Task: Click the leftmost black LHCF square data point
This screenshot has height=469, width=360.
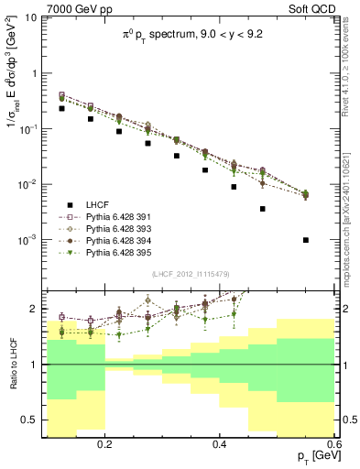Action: click(x=61, y=108)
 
